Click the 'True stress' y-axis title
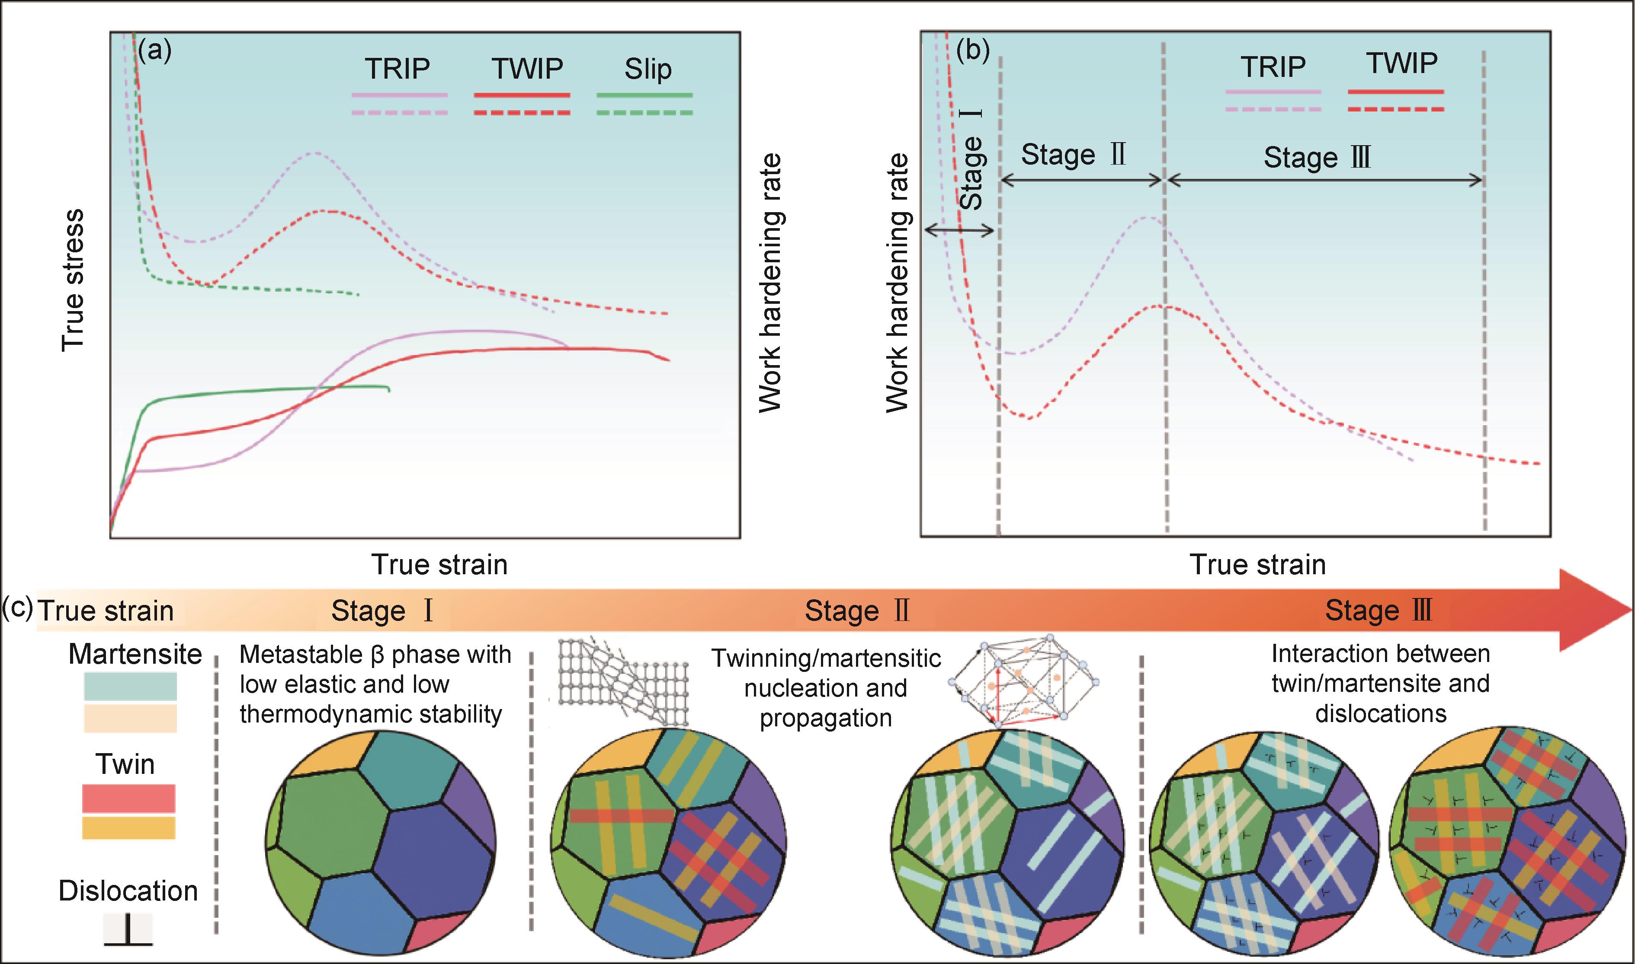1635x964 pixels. (73, 280)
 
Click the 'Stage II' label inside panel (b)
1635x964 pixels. (1073, 155)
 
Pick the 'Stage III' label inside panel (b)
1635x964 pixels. (1317, 158)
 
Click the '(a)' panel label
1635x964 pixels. (155, 50)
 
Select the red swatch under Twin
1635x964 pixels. (129, 799)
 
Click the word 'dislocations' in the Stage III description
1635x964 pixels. (1381, 713)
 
